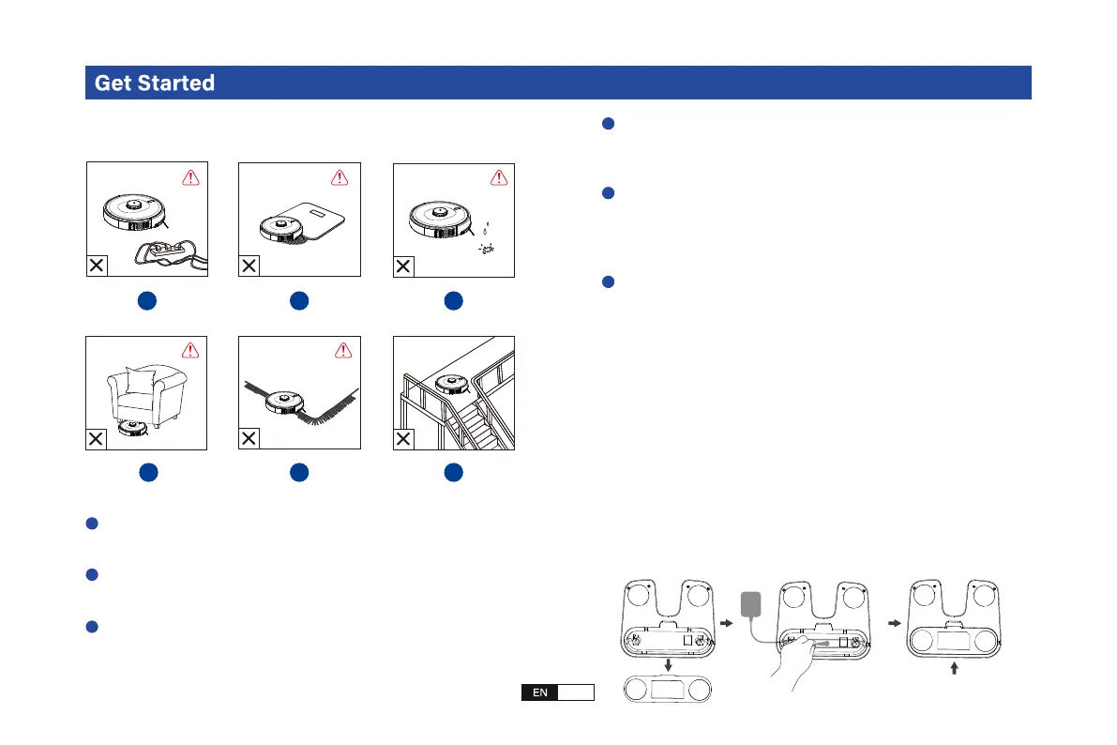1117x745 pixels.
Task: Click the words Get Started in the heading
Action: click(x=155, y=83)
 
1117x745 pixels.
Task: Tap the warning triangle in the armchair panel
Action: click(x=191, y=351)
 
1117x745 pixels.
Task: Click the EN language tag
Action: click(x=539, y=692)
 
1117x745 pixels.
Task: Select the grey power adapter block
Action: click(x=752, y=603)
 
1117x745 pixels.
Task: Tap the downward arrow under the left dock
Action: click(x=667, y=664)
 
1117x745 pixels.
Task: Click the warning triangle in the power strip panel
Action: click(x=191, y=178)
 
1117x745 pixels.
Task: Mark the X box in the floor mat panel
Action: click(x=250, y=266)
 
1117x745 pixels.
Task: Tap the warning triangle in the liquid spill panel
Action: click(x=498, y=178)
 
